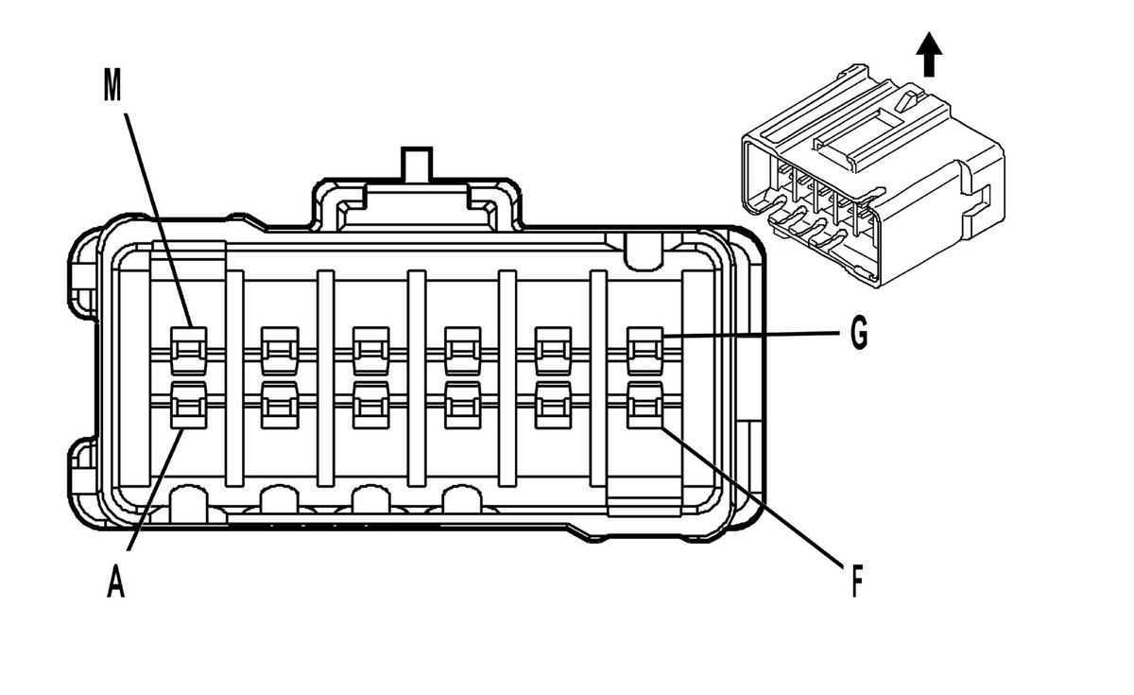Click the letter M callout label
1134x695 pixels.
112,86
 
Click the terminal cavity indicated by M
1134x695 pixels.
187,348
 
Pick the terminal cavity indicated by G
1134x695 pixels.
644,348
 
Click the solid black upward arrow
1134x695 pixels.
931,55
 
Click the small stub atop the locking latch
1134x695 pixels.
416,163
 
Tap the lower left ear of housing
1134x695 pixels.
82,469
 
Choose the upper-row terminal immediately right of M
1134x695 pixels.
279,348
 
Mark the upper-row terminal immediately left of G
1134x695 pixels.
553,348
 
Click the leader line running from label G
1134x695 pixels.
747,336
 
